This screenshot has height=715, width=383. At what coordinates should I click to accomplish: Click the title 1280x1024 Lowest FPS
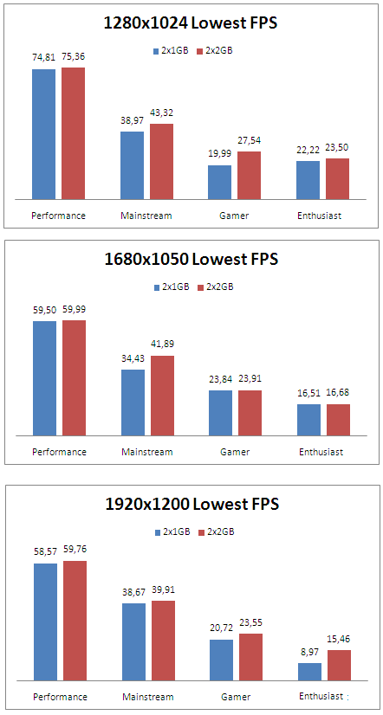pyautogui.click(x=190, y=23)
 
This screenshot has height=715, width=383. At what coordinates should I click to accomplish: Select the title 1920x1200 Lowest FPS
pyautogui.click(x=191, y=504)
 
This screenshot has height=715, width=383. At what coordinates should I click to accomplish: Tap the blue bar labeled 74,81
pyautogui.click(x=44, y=134)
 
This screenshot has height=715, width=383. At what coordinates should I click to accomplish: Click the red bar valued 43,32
pyautogui.click(x=162, y=162)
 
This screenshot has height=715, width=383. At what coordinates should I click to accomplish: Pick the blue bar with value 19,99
pyautogui.click(x=219, y=183)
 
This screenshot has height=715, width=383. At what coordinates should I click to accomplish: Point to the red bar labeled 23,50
pyautogui.click(x=337, y=179)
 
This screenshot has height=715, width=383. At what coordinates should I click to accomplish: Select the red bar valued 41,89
pyautogui.click(x=162, y=396)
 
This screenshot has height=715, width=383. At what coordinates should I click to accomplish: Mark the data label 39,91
pyautogui.click(x=162, y=590)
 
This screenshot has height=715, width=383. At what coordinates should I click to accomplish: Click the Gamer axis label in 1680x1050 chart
pyautogui.click(x=234, y=452)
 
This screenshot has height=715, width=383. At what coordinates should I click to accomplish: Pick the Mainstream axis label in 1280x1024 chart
pyautogui.click(x=146, y=216)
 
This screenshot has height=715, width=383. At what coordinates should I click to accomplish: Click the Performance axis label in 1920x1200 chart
pyautogui.click(x=59, y=697)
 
